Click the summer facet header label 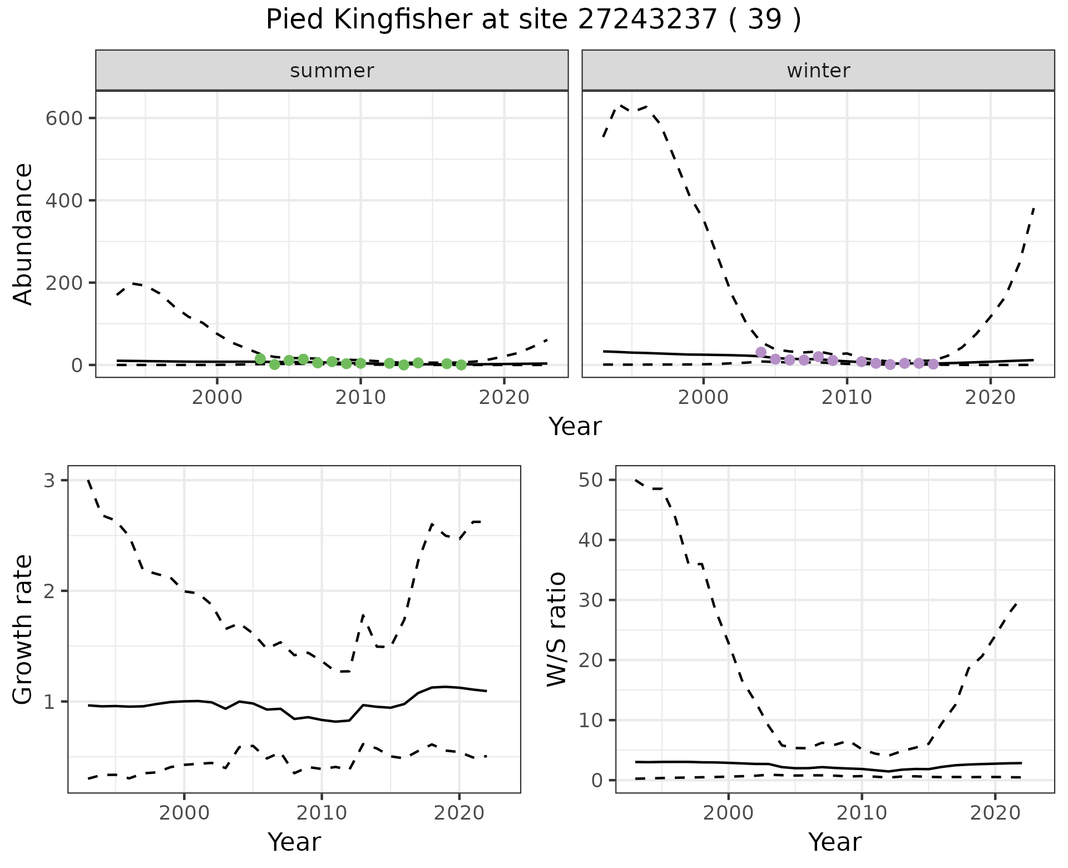pyautogui.click(x=332, y=71)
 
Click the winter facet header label pyautogui.click(x=818, y=71)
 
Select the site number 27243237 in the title pyautogui.click(x=647, y=20)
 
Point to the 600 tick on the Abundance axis pyautogui.click(x=64, y=119)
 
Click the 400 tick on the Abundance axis pyautogui.click(x=64, y=200)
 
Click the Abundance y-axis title pyautogui.click(x=23, y=234)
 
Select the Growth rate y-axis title pyautogui.click(x=23, y=629)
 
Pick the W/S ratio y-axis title pyautogui.click(x=556, y=629)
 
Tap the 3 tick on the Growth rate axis pyautogui.click(x=50, y=480)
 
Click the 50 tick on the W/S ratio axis pyautogui.click(x=591, y=480)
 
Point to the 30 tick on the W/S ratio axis pyautogui.click(x=591, y=600)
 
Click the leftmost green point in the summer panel pyautogui.click(x=260, y=359)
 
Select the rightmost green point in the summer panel pyautogui.click(x=461, y=365)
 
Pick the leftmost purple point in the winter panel pyautogui.click(x=761, y=352)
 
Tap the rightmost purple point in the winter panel pyautogui.click(x=933, y=364)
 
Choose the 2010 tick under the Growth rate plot pyautogui.click(x=322, y=813)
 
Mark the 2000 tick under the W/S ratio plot pyautogui.click(x=728, y=813)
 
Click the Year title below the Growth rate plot pyautogui.click(x=294, y=842)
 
